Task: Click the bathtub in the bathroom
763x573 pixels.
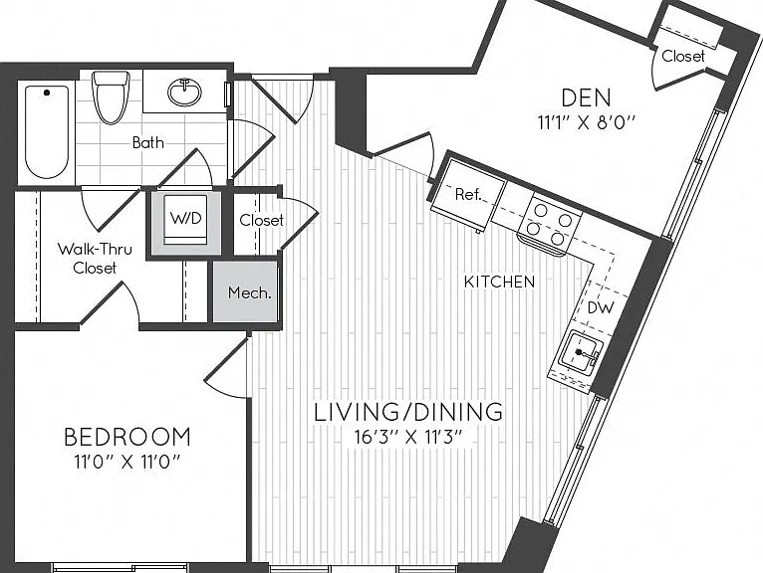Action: point(47,132)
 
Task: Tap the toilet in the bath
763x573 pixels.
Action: point(111,97)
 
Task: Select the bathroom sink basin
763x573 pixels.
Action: point(184,92)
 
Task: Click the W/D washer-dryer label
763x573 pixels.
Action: point(185,218)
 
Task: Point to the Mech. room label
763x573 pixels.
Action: point(250,292)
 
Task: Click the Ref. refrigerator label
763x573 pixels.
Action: point(468,194)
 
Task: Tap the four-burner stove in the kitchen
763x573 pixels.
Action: point(550,225)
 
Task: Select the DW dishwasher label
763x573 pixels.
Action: point(601,307)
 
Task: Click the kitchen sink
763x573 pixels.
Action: point(579,353)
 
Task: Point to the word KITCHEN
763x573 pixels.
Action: point(499,282)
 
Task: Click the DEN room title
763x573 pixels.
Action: point(586,97)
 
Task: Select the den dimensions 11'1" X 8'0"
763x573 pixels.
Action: point(587,122)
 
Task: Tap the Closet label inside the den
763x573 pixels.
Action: point(683,57)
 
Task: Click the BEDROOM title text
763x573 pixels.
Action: point(127,437)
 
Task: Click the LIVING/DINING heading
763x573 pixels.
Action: point(408,412)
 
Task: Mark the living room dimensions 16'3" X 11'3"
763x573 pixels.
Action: point(407,437)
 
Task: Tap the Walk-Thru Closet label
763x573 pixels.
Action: point(95,259)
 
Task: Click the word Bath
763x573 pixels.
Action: point(148,142)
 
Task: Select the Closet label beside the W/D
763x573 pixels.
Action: point(261,220)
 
